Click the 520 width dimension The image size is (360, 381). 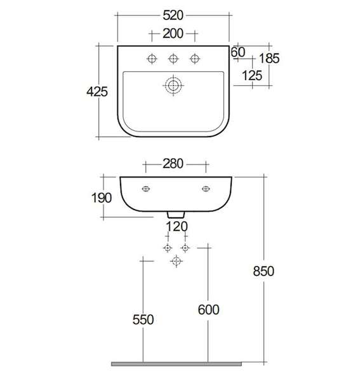click(x=173, y=15)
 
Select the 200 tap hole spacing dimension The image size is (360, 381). click(x=173, y=34)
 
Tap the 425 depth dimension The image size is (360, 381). click(x=97, y=92)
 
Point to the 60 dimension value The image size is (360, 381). click(x=238, y=52)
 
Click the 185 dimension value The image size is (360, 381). click(x=269, y=58)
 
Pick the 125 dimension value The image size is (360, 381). click(x=252, y=76)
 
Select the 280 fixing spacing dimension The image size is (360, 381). click(x=173, y=164)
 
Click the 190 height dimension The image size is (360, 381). click(x=102, y=197)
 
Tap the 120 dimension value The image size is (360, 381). click(x=177, y=227)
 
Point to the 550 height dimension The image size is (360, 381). click(x=143, y=319)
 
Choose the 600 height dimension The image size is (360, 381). click(x=208, y=310)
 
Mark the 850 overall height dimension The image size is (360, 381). click(x=263, y=271)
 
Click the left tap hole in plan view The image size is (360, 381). click(x=152, y=59)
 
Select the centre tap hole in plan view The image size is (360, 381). click(x=173, y=59)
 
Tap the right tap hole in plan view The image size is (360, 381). click(x=195, y=59)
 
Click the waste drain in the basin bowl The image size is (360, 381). click(x=173, y=86)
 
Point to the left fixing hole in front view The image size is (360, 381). click(x=146, y=189)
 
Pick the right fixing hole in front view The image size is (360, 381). click(x=206, y=189)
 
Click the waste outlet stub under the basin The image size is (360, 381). click(x=176, y=215)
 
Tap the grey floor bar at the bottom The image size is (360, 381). click(x=177, y=364)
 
